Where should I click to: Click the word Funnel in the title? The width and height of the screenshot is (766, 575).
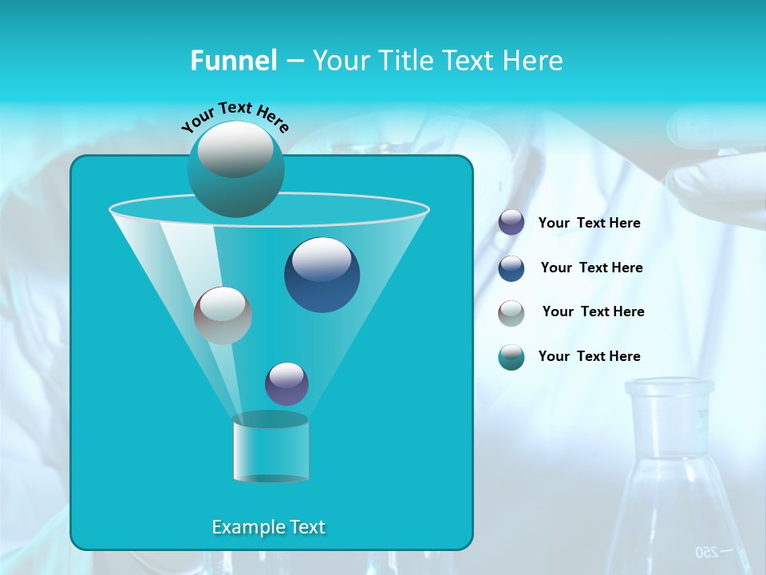coord(233,61)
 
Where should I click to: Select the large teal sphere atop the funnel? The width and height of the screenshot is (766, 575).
coord(236,169)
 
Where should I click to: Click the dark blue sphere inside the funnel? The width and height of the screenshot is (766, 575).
coord(322,275)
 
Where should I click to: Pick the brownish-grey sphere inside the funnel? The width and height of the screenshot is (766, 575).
coord(223,315)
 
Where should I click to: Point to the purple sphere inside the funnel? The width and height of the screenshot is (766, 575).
coord(286,384)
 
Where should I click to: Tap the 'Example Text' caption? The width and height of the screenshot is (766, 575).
coord(268,527)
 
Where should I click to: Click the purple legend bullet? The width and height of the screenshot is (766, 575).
coord(511,223)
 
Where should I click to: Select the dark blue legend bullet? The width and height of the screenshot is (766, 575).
coord(511,268)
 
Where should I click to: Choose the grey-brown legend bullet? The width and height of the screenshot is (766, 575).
coord(511,312)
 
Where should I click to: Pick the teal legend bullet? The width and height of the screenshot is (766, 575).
coord(511,357)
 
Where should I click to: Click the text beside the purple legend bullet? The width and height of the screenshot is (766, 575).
coord(589,224)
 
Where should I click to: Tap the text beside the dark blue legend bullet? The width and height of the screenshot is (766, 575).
coord(591,268)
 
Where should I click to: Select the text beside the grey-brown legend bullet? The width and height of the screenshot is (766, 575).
coord(593,312)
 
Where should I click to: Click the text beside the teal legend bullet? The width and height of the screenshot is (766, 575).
coord(589,357)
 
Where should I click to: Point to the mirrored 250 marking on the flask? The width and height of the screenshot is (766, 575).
coord(705,552)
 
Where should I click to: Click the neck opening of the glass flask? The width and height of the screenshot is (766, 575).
coord(669,389)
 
